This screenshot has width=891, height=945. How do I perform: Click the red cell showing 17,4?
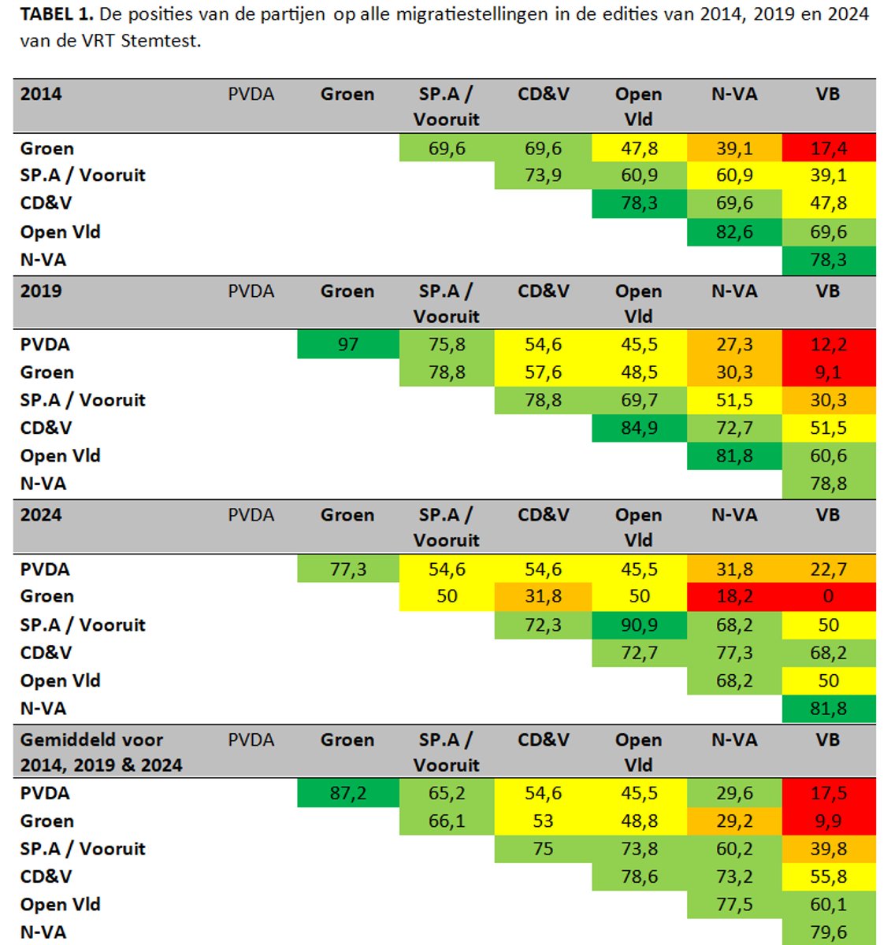pos(828,148)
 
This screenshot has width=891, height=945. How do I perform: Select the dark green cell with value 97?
pos(347,344)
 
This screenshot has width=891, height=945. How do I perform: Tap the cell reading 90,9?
pos(639,624)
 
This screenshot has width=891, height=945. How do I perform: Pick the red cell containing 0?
pos(828,596)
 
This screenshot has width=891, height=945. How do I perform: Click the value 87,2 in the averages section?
pos(347,793)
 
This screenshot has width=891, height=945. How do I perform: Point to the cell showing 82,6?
pos(734,232)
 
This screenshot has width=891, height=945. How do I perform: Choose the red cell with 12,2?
pos(828,344)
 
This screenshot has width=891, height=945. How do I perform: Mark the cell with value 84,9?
pos(639,428)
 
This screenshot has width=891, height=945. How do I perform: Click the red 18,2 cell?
pos(734,596)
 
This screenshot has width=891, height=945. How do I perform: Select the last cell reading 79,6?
pos(828,932)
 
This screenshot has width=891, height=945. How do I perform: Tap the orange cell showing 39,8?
pos(828,848)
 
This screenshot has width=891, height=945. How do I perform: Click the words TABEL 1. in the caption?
pos(56,14)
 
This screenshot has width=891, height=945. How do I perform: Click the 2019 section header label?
pos(41,291)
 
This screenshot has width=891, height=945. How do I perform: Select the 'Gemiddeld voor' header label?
pos(91,739)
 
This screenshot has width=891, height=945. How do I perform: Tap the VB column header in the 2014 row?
pos(828,94)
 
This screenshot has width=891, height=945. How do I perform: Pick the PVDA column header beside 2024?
pos(251,515)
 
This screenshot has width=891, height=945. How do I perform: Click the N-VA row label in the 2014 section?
pos(43,259)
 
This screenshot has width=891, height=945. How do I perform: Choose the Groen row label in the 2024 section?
pos(47,596)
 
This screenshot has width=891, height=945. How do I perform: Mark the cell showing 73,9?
pos(543,175)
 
